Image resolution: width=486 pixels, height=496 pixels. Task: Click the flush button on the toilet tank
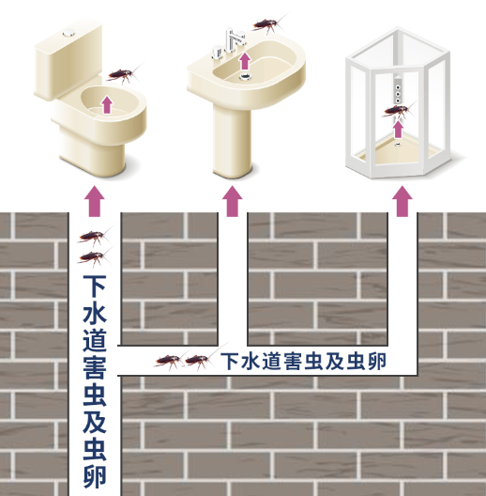pyautogui.click(x=68, y=32)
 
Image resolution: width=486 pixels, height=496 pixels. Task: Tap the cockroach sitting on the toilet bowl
pyautogui.click(x=122, y=75)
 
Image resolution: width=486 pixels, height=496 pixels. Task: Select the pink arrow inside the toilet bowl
pyautogui.click(x=107, y=104)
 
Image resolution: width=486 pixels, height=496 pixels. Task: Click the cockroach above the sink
pyautogui.click(x=268, y=24)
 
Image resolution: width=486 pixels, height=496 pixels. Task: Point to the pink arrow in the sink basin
pyautogui.click(x=244, y=61)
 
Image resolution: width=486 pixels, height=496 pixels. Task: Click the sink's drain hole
pyautogui.click(x=245, y=76)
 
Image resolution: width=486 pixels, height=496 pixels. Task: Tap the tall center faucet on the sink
pyautogui.click(x=234, y=39)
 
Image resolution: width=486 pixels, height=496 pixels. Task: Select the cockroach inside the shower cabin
pyautogui.click(x=398, y=111)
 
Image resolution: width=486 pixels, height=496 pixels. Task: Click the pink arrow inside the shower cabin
pyautogui.click(x=399, y=130)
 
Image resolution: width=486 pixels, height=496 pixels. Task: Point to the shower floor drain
pyautogui.click(x=398, y=145)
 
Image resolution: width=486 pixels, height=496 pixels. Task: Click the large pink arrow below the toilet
pyautogui.click(x=94, y=201)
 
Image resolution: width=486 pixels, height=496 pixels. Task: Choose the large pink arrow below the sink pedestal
pyautogui.click(x=233, y=201)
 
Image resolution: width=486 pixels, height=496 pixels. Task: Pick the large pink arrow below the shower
pyautogui.click(x=402, y=201)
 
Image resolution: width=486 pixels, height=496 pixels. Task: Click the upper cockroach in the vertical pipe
pyautogui.click(x=94, y=236)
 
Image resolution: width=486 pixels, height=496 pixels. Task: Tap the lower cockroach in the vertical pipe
pyautogui.click(x=94, y=256)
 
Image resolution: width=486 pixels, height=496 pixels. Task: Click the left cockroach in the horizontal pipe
pyautogui.click(x=169, y=361)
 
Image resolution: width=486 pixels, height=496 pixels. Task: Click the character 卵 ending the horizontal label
pyautogui.click(x=377, y=361)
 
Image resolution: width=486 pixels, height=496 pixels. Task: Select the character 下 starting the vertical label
pyautogui.click(x=94, y=287)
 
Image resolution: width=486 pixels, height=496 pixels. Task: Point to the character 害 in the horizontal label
pyautogui.click(x=293, y=361)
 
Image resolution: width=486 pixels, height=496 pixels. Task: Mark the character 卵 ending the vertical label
pyautogui.click(x=94, y=476)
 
